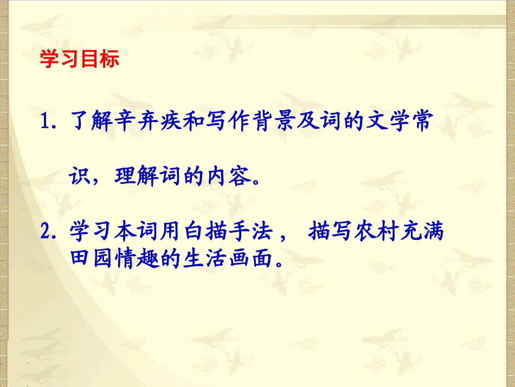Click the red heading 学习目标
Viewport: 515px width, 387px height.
(80, 60)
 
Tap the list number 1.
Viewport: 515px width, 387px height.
(46, 123)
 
